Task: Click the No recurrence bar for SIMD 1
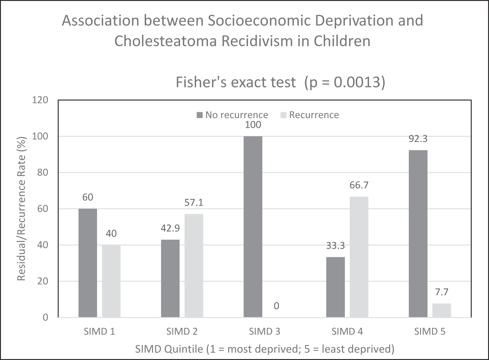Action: click(88, 263)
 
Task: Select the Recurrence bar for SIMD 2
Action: click(194, 265)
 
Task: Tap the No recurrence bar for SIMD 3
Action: click(253, 227)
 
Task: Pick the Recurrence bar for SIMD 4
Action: click(359, 257)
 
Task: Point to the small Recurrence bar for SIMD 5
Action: click(441, 310)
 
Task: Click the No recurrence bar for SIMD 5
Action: click(418, 234)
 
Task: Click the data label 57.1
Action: click(194, 203)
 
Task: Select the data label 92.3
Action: click(418, 139)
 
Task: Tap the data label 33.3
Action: click(335, 246)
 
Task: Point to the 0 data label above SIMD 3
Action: click(277, 306)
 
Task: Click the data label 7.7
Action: click(441, 292)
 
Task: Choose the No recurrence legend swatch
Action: click(200, 115)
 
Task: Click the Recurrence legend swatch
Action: click(283, 115)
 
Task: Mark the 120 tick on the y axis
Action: click(40, 100)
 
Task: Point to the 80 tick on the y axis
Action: click(43, 173)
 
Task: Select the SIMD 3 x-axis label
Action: click(265, 332)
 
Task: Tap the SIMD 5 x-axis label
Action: click(430, 332)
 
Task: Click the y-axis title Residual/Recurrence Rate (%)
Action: click(21, 208)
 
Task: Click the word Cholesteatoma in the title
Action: click(166, 41)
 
